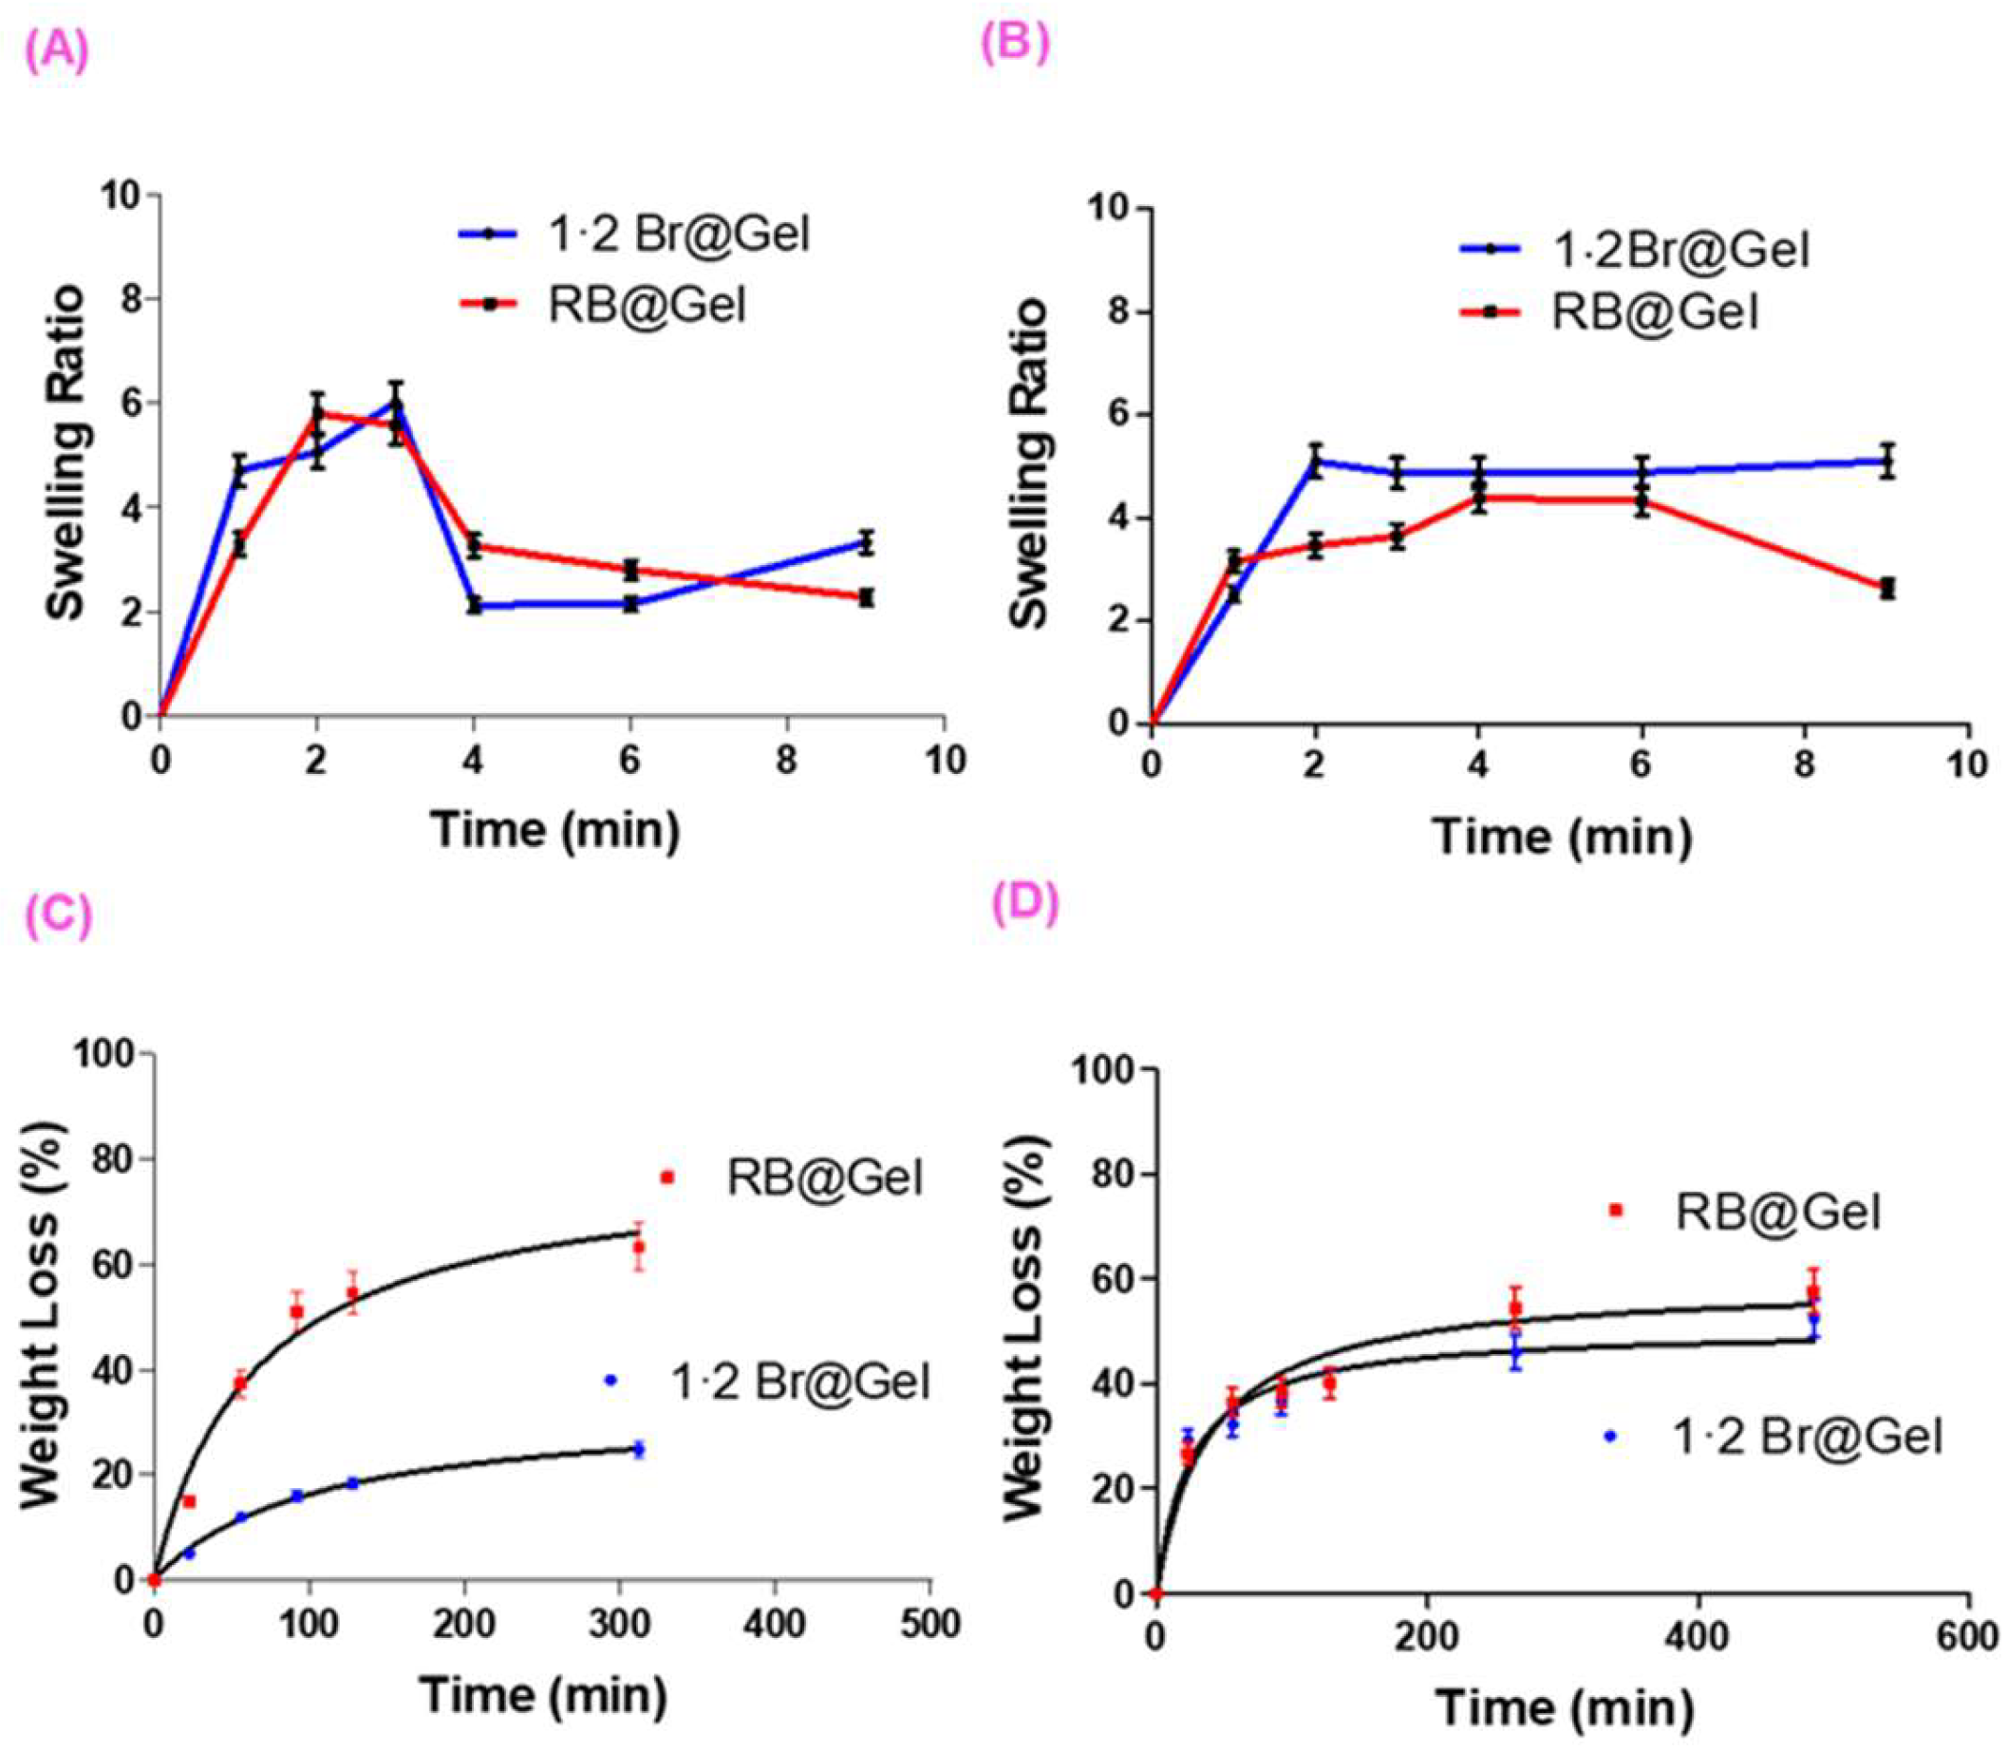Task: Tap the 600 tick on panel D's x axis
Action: tap(1966, 1638)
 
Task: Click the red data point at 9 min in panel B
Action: tap(1886, 587)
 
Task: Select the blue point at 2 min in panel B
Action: tap(1316, 461)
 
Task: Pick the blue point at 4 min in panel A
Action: tap(474, 605)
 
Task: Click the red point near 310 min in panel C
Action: tap(638, 1248)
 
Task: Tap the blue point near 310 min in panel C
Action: tap(638, 1449)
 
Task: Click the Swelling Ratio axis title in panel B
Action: tap(1029, 464)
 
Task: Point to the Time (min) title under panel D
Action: tap(1564, 1706)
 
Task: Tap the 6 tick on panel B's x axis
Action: tap(1642, 764)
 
